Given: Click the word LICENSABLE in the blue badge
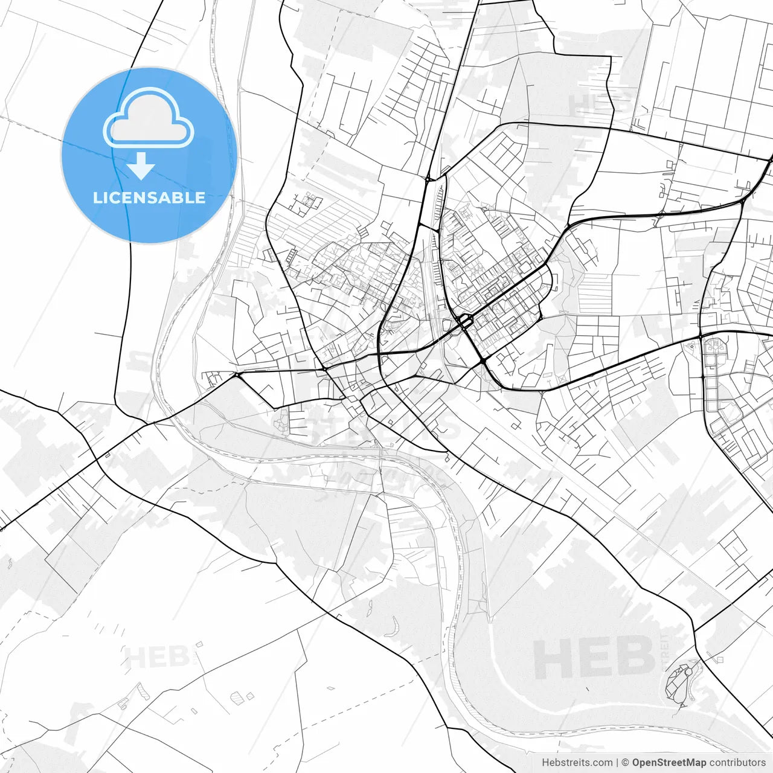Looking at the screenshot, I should tap(149, 197).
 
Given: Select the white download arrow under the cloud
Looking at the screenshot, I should tap(141, 166).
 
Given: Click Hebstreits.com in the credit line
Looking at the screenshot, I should tap(577, 763).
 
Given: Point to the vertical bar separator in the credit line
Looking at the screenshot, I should tap(617, 763).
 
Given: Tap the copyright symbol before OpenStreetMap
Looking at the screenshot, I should tap(626, 763).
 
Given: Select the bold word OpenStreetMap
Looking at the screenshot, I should tap(669, 763).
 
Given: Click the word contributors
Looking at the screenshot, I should tap(737, 763).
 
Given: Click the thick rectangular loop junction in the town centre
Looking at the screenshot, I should tap(465, 321).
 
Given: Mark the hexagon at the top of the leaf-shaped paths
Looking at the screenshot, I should tap(687, 672).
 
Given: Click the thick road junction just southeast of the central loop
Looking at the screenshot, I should tap(484, 361).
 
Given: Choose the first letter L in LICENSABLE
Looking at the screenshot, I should tap(97, 197).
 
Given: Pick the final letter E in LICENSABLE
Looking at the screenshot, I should tap(200, 197).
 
